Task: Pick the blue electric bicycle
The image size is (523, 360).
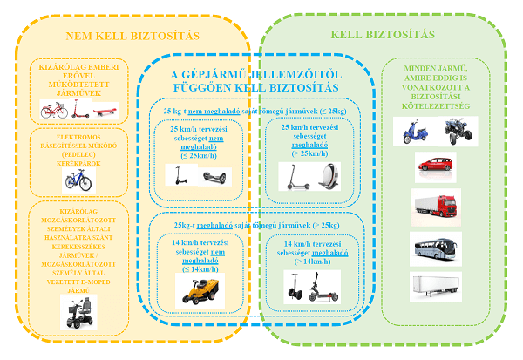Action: (77, 180)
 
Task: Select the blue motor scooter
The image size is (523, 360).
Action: (416, 132)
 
